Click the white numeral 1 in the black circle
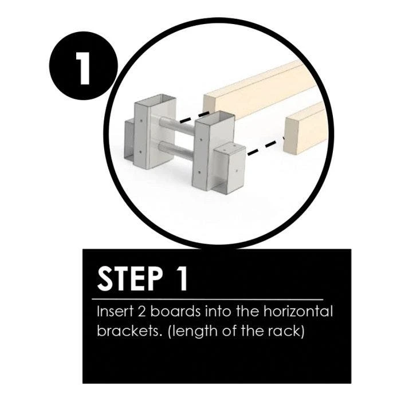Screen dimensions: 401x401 point(84,68)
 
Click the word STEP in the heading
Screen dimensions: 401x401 point(130,279)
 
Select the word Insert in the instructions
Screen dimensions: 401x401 point(115,312)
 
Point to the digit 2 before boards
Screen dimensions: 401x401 point(141,312)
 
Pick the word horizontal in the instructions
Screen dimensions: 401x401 point(298,312)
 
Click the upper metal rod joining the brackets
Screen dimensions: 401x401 point(176,126)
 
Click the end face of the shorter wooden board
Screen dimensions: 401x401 point(291,136)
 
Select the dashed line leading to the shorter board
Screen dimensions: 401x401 point(266,146)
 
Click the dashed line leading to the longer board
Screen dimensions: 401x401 point(195,117)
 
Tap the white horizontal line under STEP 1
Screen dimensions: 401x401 point(207,299)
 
